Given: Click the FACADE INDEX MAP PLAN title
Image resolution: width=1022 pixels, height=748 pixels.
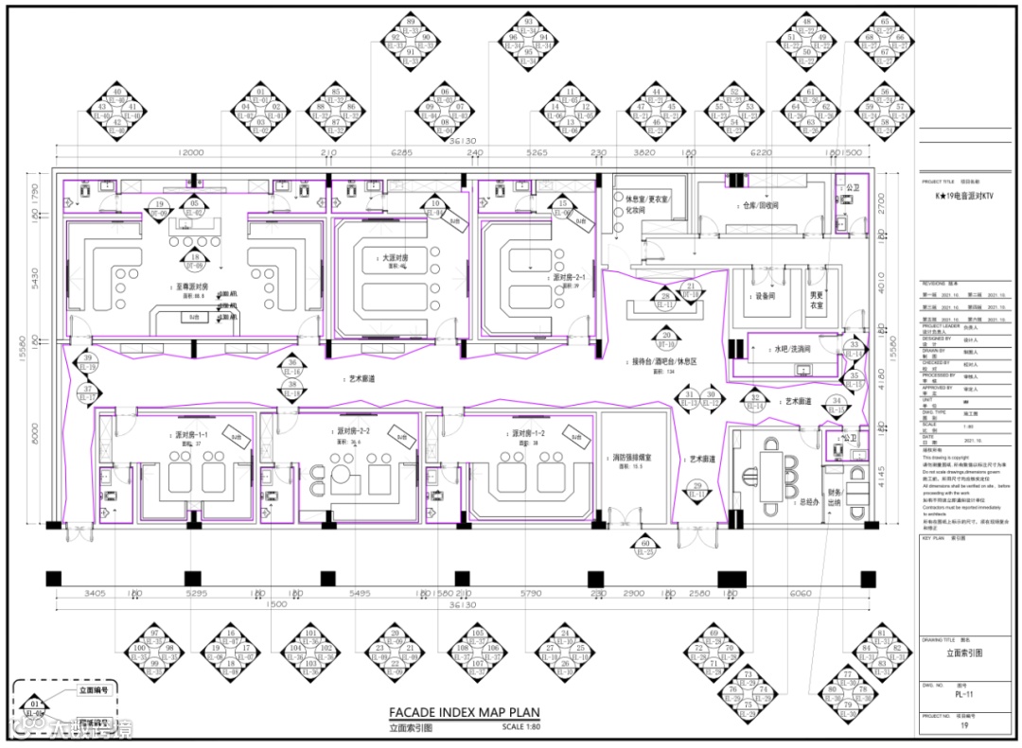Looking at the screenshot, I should [464, 713].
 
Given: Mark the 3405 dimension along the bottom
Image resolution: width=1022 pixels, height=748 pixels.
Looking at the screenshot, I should [95, 593].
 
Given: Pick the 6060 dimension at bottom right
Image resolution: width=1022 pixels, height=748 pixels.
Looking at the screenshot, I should [800, 593].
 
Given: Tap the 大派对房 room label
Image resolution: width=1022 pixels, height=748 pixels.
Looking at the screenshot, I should [395, 256].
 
